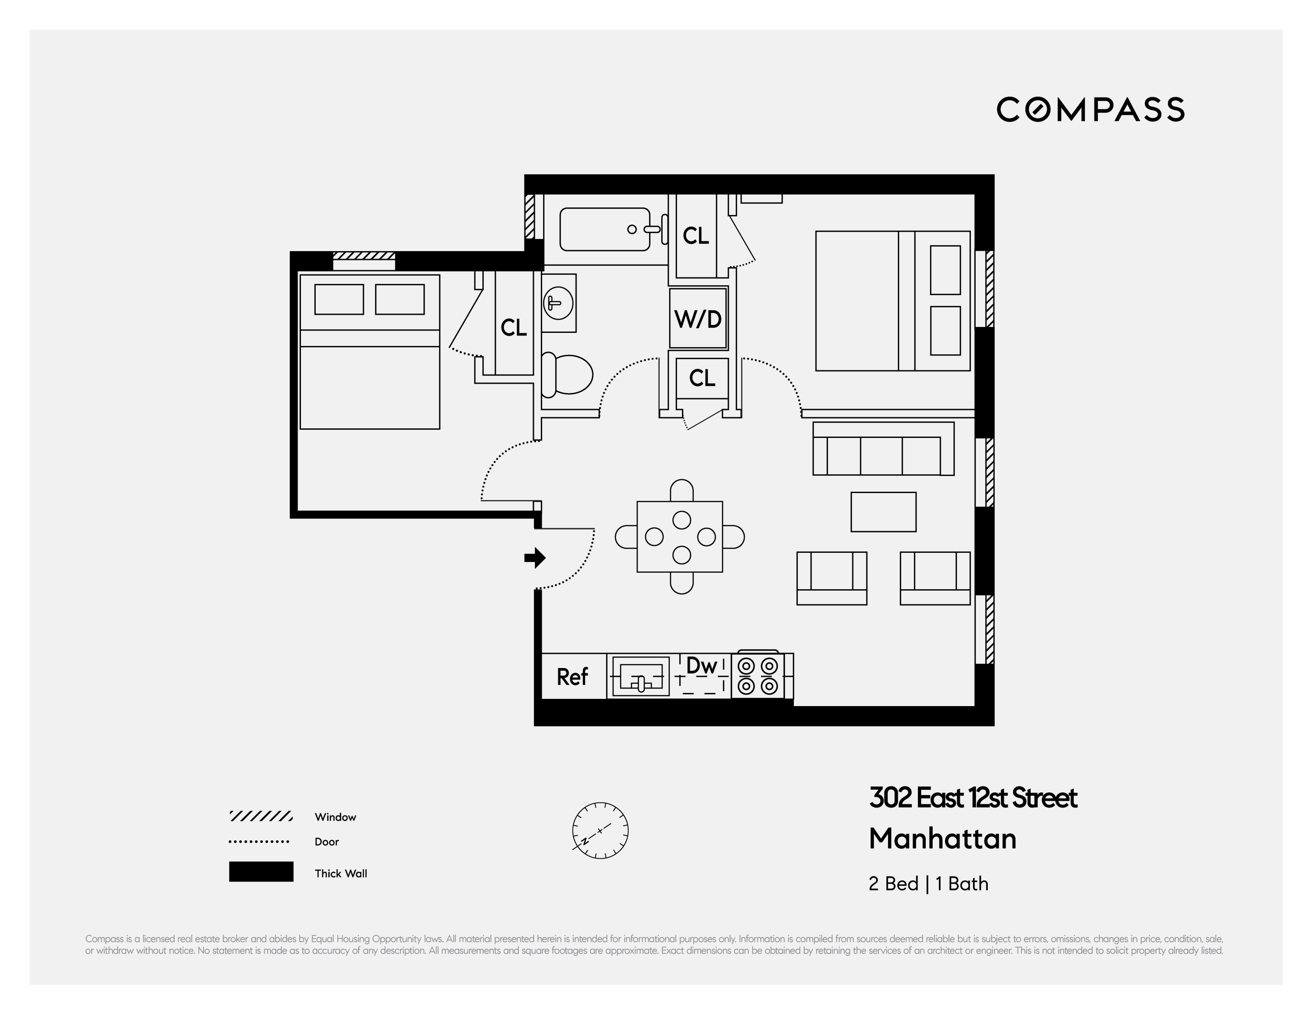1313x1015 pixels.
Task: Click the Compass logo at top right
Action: pos(1090,110)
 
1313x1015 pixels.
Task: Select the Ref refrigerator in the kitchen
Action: pos(572,676)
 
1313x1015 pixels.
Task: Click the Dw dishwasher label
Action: pos(702,666)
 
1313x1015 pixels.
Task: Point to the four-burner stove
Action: pos(758,676)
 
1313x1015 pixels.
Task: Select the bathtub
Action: pos(604,229)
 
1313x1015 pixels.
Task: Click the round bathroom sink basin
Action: pos(558,302)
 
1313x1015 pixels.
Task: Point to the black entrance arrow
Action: pos(534,558)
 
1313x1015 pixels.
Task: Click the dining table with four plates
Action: pos(680,537)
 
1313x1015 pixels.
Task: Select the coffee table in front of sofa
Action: pos(883,512)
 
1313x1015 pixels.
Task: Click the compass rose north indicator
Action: pos(600,830)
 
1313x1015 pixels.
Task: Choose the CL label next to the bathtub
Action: pos(696,236)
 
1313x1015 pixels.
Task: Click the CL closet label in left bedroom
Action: pos(513,328)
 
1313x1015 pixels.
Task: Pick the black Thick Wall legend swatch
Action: pos(261,871)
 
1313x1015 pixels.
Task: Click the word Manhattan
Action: pos(942,839)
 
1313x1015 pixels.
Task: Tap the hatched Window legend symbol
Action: pos(261,816)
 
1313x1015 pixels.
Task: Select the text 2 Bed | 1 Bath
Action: pos(928,883)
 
